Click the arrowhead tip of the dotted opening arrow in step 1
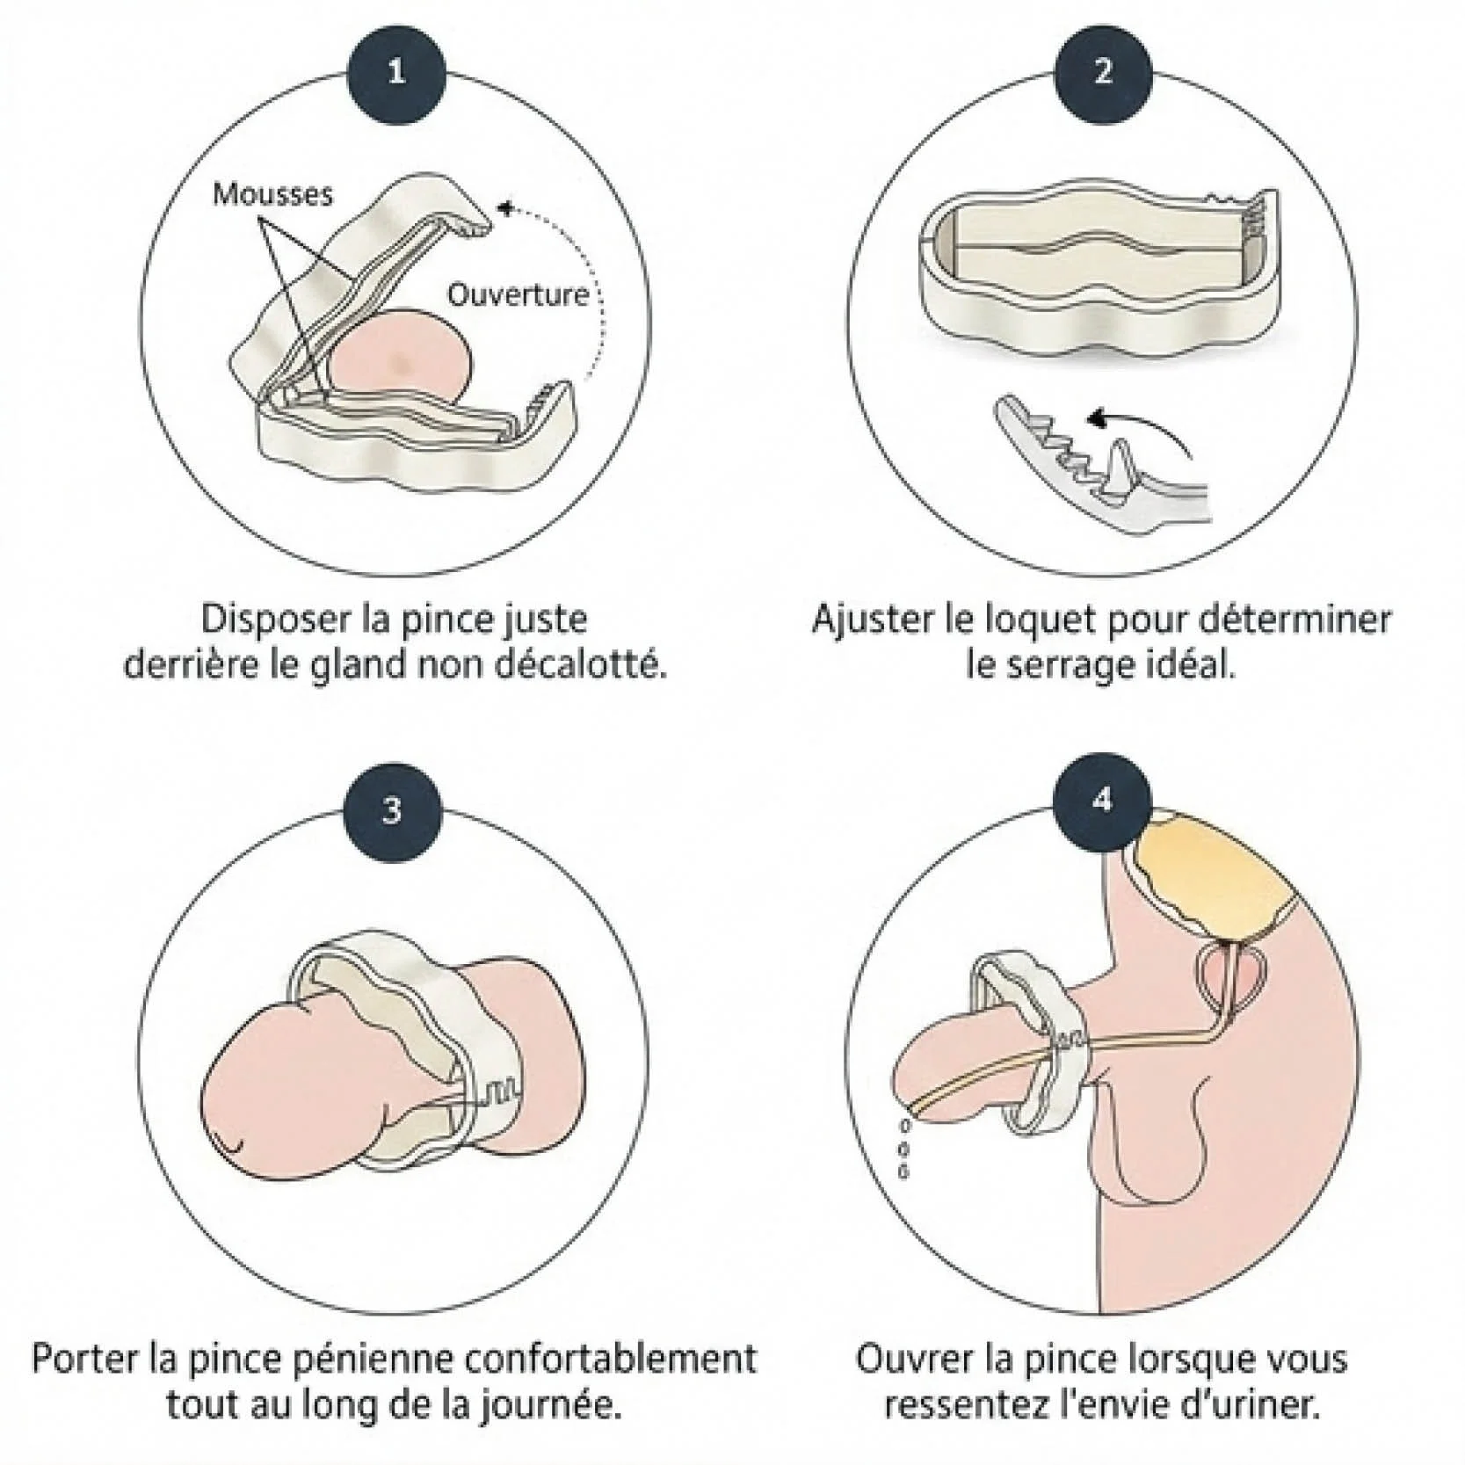tap(498, 209)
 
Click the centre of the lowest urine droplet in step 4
tap(903, 1171)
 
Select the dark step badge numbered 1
tap(396, 72)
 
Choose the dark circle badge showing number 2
tap(1103, 72)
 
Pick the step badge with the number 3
tap(392, 810)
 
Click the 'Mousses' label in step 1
tap(273, 193)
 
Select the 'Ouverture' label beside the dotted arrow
tap(519, 294)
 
